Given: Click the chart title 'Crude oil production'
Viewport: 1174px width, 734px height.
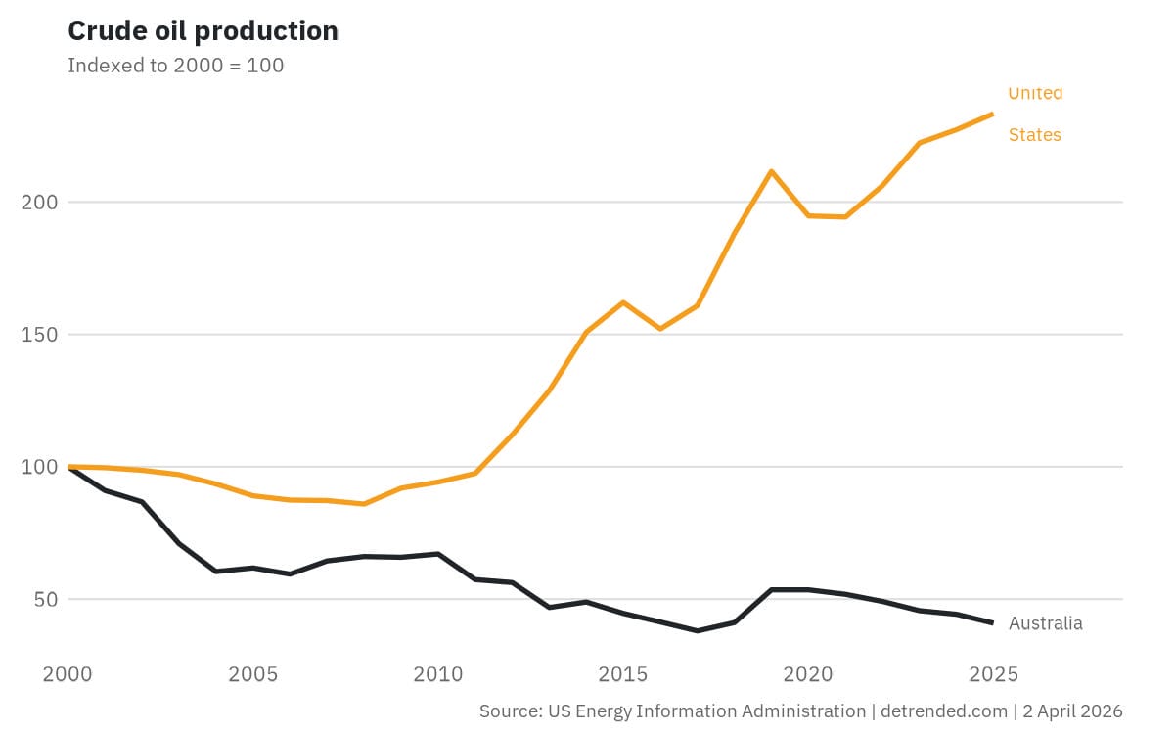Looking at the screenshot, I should coord(203,31).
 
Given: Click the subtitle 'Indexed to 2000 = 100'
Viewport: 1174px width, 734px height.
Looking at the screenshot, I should coord(175,66).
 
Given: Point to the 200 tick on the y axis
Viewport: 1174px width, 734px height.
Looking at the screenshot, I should coord(39,203).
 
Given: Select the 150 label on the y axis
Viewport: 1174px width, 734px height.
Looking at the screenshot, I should coord(39,335).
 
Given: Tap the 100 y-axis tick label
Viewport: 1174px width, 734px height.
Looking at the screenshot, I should coord(39,467).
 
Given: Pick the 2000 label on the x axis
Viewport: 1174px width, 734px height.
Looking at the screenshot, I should coord(69,674).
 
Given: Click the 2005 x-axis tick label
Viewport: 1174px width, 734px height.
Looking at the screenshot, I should coord(254,674).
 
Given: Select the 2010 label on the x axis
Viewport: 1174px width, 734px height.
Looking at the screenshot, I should coord(438,674).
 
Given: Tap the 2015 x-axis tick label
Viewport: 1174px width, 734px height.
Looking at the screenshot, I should coord(623,674).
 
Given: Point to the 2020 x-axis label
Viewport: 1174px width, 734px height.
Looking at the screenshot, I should coord(808,674).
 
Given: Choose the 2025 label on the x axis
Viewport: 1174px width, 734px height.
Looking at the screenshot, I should coord(992,674).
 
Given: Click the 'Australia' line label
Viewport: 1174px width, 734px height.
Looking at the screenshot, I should coord(1045,623).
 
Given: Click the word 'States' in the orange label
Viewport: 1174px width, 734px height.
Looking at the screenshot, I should coord(1034,135).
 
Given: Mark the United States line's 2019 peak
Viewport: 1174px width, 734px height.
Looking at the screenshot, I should coord(772,171).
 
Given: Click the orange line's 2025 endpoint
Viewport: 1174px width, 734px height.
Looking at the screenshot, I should coord(992,115).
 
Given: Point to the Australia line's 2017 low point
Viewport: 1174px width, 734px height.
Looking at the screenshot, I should coord(698,630).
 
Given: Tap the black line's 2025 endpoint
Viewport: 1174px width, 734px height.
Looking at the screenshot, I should coord(992,622).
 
